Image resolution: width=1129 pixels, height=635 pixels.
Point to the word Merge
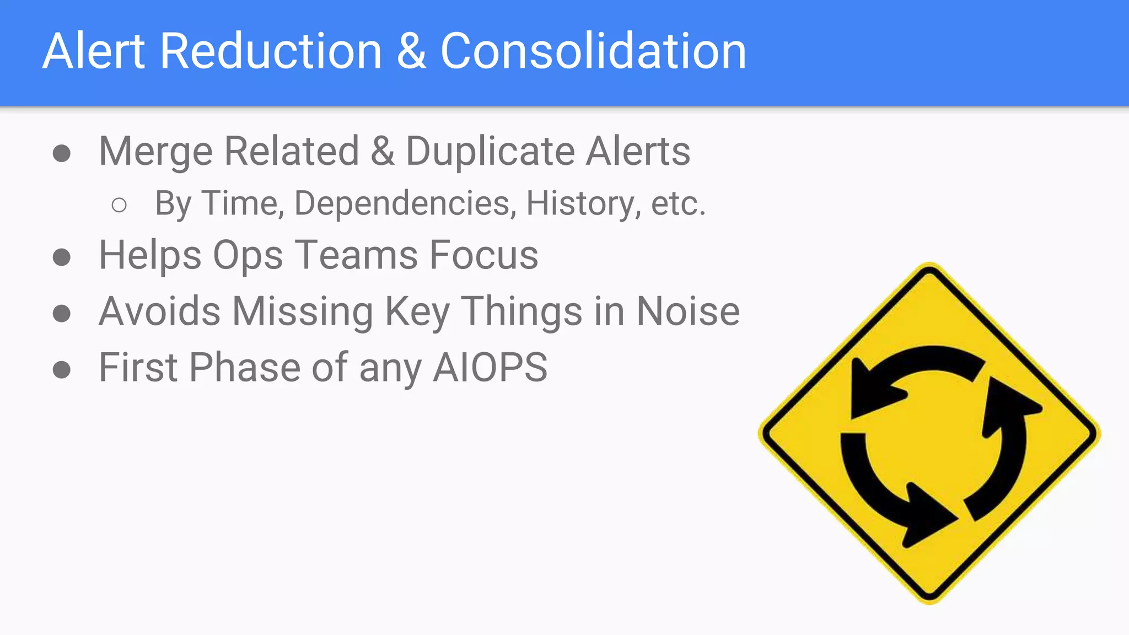coord(155,152)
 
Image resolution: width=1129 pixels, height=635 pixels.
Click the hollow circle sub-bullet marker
coord(119,206)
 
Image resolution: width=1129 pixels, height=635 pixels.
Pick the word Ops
coord(248,256)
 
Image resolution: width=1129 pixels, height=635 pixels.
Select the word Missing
coord(303,311)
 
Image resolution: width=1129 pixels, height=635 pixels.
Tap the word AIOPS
coord(490,368)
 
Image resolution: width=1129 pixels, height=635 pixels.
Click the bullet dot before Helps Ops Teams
coord(62,257)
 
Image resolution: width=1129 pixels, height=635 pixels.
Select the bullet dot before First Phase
coord(62,370)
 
